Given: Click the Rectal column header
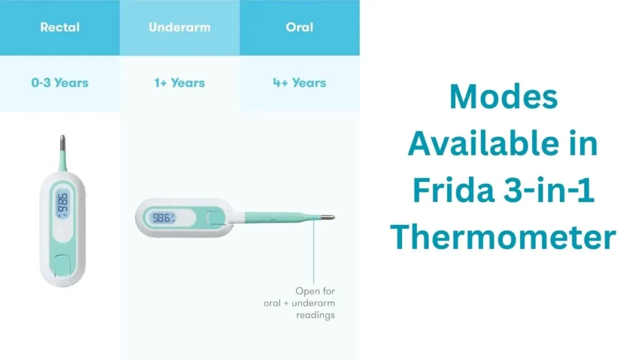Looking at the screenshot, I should point(59,27).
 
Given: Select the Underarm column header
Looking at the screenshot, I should point(179,27).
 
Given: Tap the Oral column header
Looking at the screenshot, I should point(300,27).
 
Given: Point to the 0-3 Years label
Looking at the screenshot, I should point(59,82).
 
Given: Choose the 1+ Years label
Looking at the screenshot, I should point(179,82).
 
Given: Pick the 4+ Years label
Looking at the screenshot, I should point(299,82).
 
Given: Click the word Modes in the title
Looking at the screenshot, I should point(503,97).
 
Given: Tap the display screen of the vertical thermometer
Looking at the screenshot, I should point(62,204).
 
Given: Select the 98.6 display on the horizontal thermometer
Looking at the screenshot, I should point(162,217).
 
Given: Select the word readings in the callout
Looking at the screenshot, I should point(315,315).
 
